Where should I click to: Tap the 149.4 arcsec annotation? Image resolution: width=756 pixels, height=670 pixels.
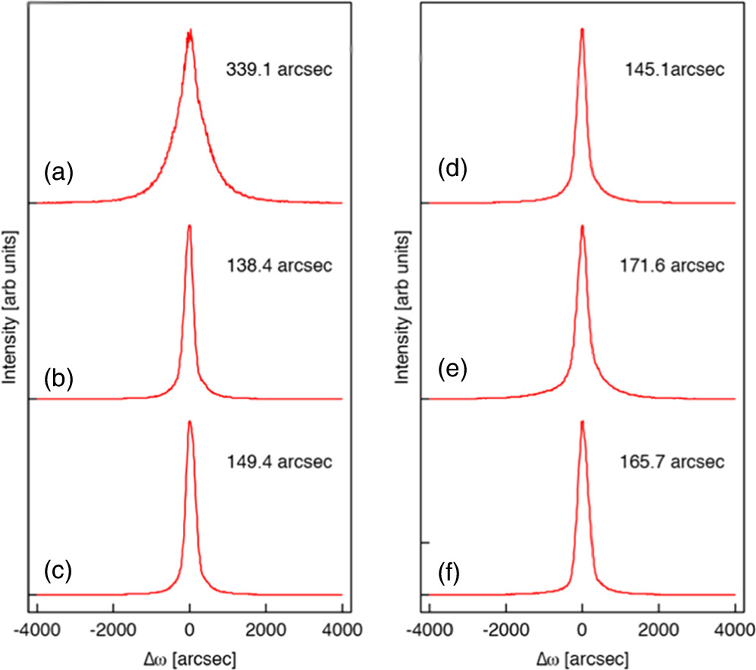pos(279,461)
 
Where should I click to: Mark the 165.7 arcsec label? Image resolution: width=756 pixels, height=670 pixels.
pos(672,461)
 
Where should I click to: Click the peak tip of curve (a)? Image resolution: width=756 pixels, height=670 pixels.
pos(189,33)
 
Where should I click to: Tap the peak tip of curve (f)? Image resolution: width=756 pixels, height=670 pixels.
pos(582,421)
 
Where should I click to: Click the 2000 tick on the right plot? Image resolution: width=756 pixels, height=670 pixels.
pos(658,629)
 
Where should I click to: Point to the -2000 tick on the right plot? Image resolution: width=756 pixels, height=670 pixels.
pos(506,629)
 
